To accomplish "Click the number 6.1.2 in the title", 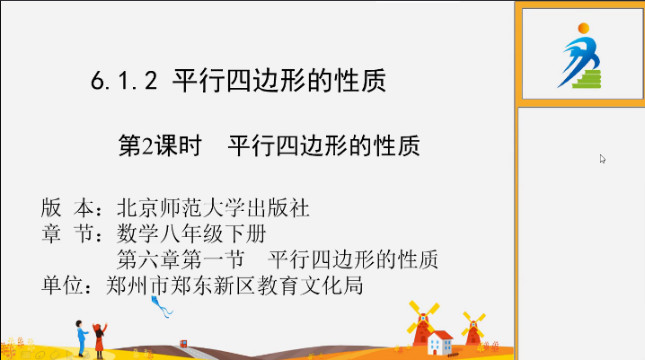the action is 124,80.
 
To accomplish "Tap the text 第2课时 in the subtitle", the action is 160,145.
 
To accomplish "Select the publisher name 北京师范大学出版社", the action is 213,208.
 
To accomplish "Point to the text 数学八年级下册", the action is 191,233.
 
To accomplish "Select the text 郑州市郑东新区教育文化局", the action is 234,285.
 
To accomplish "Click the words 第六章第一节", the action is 181,259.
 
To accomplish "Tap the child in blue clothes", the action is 82,338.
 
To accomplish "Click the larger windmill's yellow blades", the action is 423,317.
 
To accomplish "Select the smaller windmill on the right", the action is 473,329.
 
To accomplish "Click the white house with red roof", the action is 440,343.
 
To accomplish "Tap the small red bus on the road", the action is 183,344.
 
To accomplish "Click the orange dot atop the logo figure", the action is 583,29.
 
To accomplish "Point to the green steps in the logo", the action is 588,79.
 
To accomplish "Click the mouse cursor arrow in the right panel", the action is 602,159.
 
